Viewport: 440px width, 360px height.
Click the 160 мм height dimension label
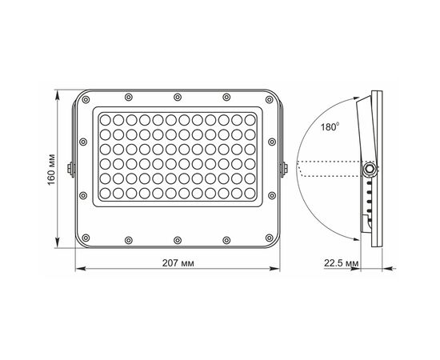tap(51, 170)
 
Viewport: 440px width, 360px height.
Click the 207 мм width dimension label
tap(178, 263)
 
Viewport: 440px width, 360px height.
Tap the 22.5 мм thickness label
tap(342, 263)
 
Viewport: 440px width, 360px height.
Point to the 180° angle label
tap(330, 127)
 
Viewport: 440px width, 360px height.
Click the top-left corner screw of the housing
tap(86, 100)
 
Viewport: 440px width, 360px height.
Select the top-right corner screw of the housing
tap(269, 100)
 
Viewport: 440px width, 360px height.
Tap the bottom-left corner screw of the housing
tap(86, 238)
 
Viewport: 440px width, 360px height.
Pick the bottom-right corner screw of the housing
tap(269, 238)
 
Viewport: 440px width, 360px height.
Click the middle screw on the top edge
tap(178, 98)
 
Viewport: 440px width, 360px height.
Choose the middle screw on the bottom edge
tap(178, 241)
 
